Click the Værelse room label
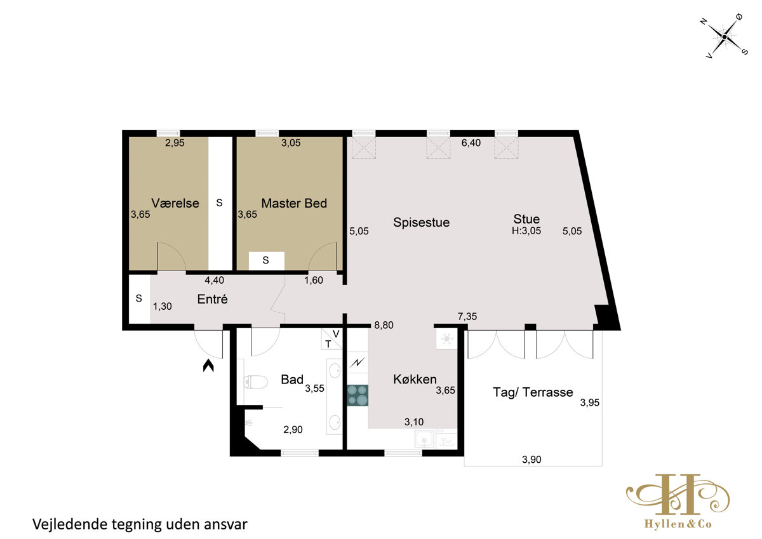pos(175,203)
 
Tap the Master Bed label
pos(294,203)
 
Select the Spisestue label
pos(421,222)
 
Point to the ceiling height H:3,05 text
pos(526,231)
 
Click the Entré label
pos(212,299)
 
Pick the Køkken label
pos(415,379)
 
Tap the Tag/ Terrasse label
pos(533,392)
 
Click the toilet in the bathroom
pos(255,382)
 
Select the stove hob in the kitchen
pos(358,395)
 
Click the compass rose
pos(725,37)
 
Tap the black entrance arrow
pos(208,366)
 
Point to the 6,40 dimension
pos(471,143)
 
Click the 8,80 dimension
pos(384,325)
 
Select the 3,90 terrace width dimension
pos(531,460)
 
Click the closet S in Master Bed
pos(265,260)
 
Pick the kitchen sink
pos(424,439)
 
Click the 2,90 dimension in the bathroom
pos(293,430)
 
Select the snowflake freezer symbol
pos(446,339)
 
